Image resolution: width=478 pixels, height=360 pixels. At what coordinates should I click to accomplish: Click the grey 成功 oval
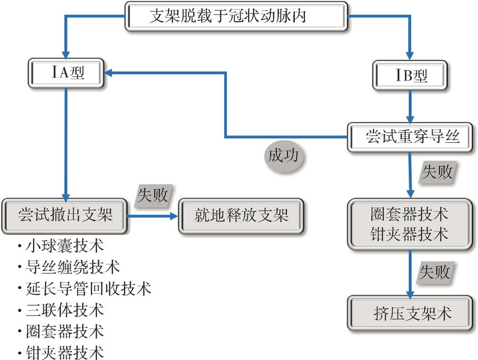pyautogui.click(x=283, y=156)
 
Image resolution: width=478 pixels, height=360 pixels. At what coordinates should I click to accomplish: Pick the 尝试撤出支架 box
pyautogui.click(x=65, y=216)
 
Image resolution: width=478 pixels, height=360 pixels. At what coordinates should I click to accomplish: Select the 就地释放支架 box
pyautogui.click(x=242, y=216)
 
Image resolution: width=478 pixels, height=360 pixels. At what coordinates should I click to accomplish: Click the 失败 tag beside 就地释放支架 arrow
pyautogui.click(x=153, y=195)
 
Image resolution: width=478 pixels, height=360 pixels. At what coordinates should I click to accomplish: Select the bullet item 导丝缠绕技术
pyautogui.click(x=72, y=267)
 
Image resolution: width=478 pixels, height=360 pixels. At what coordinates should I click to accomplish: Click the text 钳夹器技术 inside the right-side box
pyautogui.click(x=409, y=234)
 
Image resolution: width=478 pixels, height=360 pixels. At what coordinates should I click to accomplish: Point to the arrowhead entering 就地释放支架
pyautogui.click(x=174, y=216)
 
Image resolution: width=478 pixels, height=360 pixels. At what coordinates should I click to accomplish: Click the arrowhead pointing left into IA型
pyautogui.click(x=108, y=74)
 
